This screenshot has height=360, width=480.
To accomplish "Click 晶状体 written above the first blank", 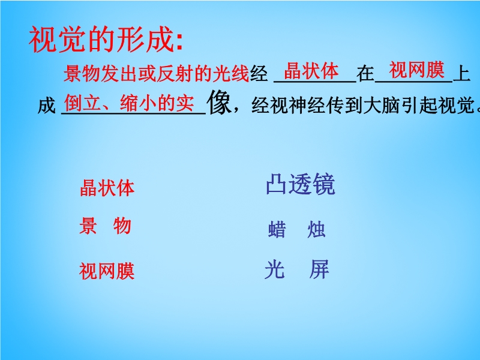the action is coord(311,71).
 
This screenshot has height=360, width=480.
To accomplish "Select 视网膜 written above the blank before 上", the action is coord(416,70).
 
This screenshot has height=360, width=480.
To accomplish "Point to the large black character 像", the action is coord(219,103).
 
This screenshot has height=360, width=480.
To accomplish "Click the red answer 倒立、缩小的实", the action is coord(129,103).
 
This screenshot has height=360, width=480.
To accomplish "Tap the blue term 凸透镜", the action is coord(301,184).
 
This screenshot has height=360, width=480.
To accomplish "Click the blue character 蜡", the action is coord(277,229).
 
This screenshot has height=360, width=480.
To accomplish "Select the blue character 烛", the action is coord(316,229).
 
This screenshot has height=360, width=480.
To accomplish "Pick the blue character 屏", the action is coord(319,269).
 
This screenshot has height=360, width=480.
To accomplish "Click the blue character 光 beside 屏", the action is coord(275,269).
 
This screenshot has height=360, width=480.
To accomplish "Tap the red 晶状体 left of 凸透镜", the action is coord(107,188).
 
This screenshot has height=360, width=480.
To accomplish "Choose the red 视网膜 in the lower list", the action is coord(107,271).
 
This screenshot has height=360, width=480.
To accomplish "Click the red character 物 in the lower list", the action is coord(122,226).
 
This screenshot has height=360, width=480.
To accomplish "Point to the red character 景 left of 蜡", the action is coord(88,226).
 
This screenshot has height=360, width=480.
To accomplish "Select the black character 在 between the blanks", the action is coord(365,74).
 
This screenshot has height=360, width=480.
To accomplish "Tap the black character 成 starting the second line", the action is coord(47,106).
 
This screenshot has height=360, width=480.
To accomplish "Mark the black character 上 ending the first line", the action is coord(461,74).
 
